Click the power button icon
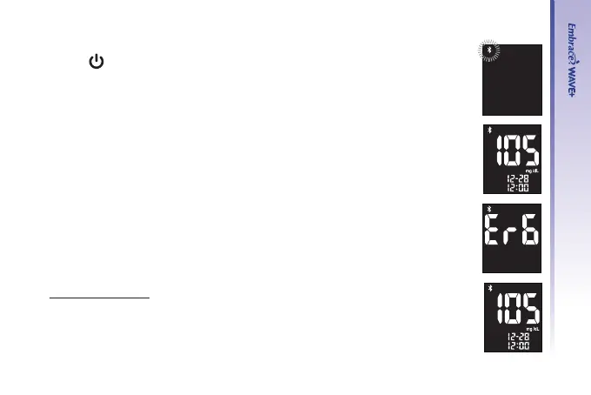96,64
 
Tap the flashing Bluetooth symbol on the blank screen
489,53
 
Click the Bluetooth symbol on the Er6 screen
488,211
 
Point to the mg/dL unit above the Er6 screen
530,171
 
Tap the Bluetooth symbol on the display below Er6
488,289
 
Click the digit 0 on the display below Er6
512,308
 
